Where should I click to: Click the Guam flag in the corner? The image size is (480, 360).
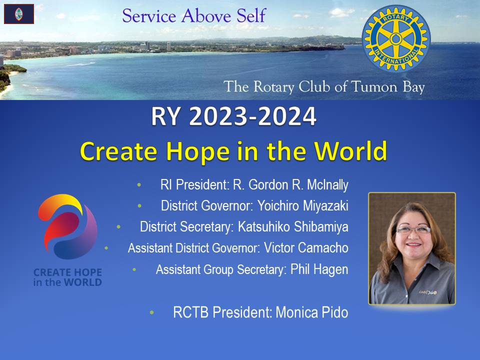click(x=19, y=14)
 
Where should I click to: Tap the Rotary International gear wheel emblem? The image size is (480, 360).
click(x=396, y=38)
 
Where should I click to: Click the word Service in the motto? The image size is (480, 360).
click(x=149, y=16)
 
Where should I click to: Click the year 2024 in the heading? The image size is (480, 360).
click(x=287, y=116)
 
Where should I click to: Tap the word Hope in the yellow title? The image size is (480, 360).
click(x=198, y=151)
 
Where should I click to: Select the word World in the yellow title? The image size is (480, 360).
click(x=351, y=150)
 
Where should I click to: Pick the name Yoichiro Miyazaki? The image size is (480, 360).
click(x=303, y=205)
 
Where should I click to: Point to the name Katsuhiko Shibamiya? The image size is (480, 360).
click(x=293, y=227)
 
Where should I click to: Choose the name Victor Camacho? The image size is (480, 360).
click(x=306, y=247)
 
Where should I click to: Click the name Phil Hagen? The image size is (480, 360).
click(x=319, y=269)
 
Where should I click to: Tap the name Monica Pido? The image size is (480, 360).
click(x=312, y=312)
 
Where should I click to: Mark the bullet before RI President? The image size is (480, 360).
click(x=139, y=185)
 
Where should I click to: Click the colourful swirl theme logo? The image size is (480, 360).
click(x=68, y=227)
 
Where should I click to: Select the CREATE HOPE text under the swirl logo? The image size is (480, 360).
click(x=67, y=272)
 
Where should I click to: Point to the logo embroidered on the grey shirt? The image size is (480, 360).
click(x=428, y=292)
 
